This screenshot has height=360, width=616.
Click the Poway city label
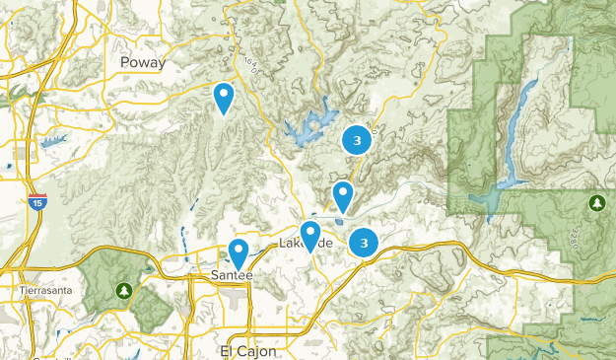[x=142, y=62]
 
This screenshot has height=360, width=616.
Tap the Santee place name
[x=234, y=275]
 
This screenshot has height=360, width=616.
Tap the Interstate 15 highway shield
[x=35, y=200]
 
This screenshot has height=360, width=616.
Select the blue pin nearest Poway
[x=224, y=98]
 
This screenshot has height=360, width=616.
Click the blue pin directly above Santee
[x=238, y=253]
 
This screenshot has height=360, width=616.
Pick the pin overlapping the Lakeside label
[x=310, y=236]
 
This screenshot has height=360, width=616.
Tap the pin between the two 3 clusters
[x=343, y=195]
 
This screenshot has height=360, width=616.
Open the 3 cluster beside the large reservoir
[x=357, y=141]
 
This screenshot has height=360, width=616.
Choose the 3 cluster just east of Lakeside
[x=365, y=241]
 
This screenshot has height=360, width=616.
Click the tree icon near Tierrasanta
[x=123, y=290]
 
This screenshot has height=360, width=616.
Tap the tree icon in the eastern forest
[x=596, y=203]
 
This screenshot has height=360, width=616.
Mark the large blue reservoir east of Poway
[x=308, y=126]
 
